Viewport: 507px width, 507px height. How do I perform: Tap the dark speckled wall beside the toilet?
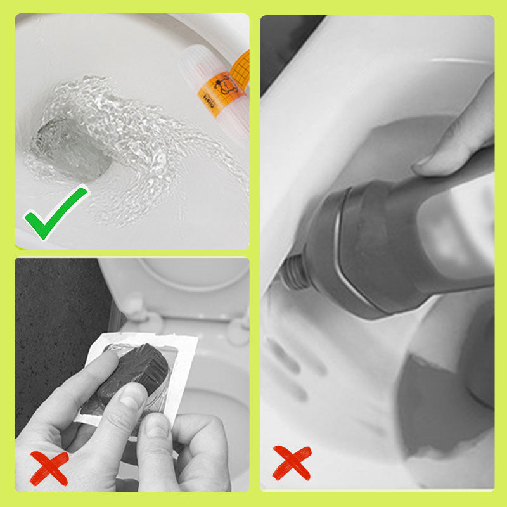coord(51,304)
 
